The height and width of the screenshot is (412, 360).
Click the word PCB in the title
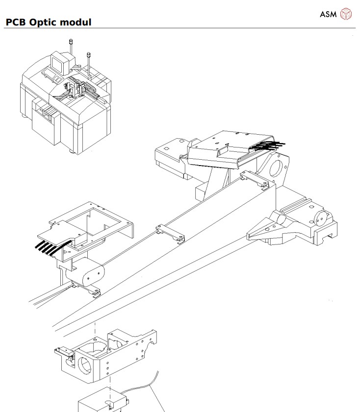pyautogui.click(x=15, y=23)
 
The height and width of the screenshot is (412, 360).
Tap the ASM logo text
pyautogui.click(x=328, y=14)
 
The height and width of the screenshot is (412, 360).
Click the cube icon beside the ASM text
pyautogui.click(x=346, y=14)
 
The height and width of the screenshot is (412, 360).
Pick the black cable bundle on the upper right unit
pyautogui.click(x=269, y=145)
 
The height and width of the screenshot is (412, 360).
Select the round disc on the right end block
pyautogui.click(x=321, y=217)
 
